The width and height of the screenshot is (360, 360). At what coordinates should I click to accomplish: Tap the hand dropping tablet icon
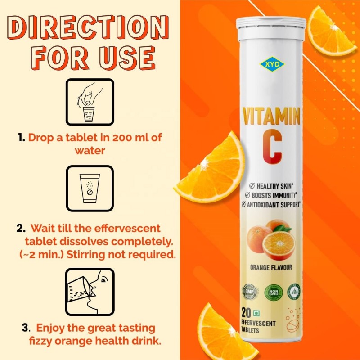pos(90,103)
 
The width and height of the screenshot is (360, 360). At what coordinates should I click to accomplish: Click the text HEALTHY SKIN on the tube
pos(272,185)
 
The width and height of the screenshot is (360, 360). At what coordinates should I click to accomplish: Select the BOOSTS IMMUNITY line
pos(272,195)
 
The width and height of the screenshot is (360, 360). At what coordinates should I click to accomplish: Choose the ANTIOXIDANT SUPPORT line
pos(272,204)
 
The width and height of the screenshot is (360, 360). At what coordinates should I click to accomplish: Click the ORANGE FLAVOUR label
pos(271,267)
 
